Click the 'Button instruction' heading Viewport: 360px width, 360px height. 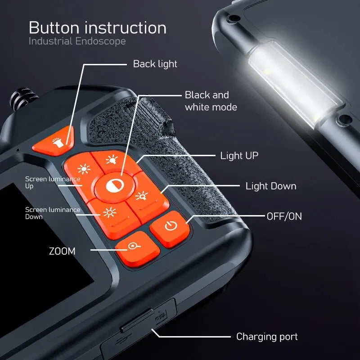tap(98, 28)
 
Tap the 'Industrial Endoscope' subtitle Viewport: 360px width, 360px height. tap(77, 41)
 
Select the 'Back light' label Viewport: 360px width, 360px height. tap(155, 64)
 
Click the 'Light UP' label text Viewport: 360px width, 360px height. tap(239, 155)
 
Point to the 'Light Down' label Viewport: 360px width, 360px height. tap(271, 186)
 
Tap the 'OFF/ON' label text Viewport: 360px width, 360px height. tap(284, 216)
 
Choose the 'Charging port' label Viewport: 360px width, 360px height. tap(267, 337)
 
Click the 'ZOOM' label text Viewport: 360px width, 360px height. tap(62, 251)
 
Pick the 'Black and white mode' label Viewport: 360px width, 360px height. tap(211, 101)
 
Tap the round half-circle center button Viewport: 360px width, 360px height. tap(115, 186)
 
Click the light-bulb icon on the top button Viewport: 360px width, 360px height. tap(112, 159)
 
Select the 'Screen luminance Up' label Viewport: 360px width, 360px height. tap(53, 182)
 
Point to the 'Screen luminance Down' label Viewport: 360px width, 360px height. tap(53, 213)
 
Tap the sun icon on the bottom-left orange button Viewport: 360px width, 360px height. tap(109, 212)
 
